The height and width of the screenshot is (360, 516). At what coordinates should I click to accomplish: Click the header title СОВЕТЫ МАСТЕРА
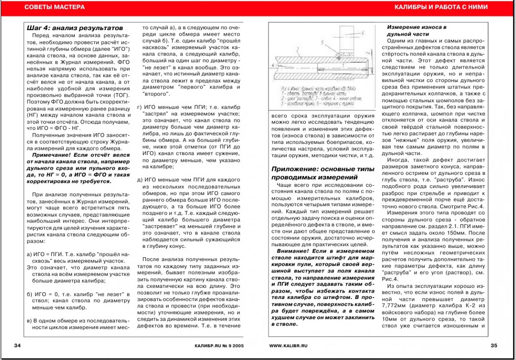54,7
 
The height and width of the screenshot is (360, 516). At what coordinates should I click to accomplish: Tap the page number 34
18,345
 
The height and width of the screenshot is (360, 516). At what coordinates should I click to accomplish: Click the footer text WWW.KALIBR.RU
289,345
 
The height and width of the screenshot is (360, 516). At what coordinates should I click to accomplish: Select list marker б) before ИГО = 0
30,294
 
